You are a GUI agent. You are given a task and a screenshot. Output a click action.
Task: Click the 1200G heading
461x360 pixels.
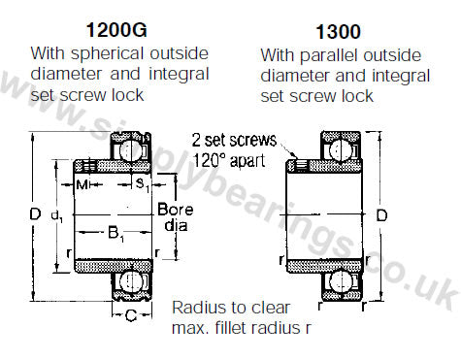tap(116, 30)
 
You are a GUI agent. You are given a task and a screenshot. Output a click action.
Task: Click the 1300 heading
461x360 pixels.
tap(338, 32)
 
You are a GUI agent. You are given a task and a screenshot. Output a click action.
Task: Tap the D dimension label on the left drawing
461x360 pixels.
tap(35, 214)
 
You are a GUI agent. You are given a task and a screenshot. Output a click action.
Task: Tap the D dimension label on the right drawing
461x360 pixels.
tap(381, 215)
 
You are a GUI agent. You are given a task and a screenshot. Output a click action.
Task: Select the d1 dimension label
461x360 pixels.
tap(57, 215)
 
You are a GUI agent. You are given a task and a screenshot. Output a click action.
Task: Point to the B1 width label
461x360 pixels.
tap(115, 233)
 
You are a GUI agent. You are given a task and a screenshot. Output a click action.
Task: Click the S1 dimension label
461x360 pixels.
tap(143, 185)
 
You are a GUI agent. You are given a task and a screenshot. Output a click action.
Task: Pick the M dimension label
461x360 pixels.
tap(82, 185)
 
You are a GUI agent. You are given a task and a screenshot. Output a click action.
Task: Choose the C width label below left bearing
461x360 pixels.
tap(131, 315)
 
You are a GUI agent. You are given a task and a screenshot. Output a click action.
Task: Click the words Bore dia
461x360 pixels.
tap(176, 217)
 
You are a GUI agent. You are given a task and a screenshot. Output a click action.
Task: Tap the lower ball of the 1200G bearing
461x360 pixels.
tap(129, 280)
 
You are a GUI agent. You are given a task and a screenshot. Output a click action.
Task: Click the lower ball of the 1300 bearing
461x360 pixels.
tap(340, 280)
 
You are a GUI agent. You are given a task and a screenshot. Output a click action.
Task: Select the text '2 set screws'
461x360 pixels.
tap(235, 141)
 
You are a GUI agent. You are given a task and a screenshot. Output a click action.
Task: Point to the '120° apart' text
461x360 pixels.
tap(229, 160)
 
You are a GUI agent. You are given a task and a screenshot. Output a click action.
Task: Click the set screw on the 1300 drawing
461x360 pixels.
tap(301, 166)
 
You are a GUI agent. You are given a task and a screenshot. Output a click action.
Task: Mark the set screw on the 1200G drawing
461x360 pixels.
tap(89, 166)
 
